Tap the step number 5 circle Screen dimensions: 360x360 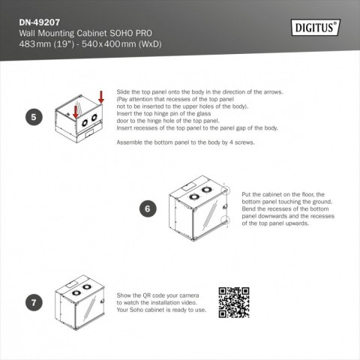32,118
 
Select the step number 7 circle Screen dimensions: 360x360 32,303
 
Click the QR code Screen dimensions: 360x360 233,301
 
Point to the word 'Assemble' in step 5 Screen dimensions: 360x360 130,142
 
